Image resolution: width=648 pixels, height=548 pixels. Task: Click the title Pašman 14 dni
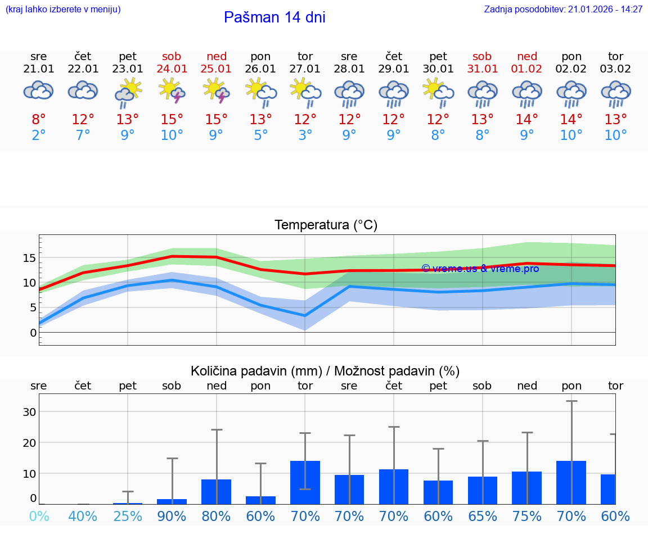click(x=274, y=17)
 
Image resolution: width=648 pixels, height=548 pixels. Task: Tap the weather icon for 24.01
click(x=172, y=90)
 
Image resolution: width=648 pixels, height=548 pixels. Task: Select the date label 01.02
click(x=527, y=69)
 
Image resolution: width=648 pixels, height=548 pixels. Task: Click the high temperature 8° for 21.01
click(x=39, y=120)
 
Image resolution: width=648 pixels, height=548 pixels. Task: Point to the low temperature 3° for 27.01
click(x=305, y=135)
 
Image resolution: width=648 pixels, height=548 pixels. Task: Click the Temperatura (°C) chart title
click(x=326, y=225)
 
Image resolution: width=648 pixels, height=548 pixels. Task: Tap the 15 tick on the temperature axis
click(x=29, y=258)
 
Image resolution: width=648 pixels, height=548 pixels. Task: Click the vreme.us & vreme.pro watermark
click(x=480, y=269)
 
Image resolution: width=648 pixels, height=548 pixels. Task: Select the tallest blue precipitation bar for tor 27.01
click(x=305, y=482)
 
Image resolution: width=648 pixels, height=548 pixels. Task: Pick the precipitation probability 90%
click(x=172, y=517)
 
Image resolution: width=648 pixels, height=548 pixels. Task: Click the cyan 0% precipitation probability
click(x=39, y=517)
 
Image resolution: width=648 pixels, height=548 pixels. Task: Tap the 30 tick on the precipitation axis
click(x=29, y=411)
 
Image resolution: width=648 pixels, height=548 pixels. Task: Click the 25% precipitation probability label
click(x=128, y=517)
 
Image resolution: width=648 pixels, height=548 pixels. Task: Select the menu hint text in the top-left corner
click(x=62, y=10)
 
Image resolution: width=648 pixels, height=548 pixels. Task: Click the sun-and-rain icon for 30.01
click(x=438, y=90)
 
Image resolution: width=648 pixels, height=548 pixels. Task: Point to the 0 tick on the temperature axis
click(x=33, y=332)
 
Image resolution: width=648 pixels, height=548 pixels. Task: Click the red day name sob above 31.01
click(x=482, y=56)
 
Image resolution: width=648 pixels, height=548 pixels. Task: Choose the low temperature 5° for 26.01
click(x=260, y=135)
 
